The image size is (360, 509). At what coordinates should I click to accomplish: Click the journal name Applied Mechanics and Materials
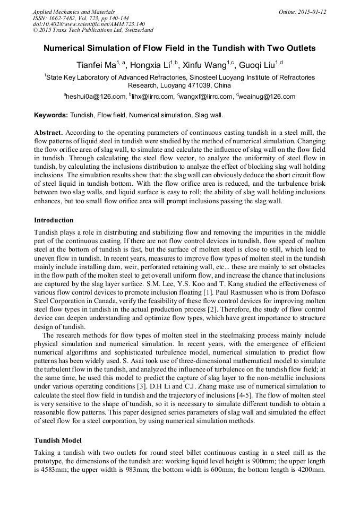point(73,11)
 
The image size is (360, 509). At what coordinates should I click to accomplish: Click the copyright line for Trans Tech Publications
point(93,30)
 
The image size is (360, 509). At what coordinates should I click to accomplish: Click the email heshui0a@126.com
point(96,97)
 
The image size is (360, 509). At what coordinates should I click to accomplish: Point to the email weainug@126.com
point(267,97)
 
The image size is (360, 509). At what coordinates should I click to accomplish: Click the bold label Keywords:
point(51,115)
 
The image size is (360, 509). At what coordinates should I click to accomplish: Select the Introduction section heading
point(54,220)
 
